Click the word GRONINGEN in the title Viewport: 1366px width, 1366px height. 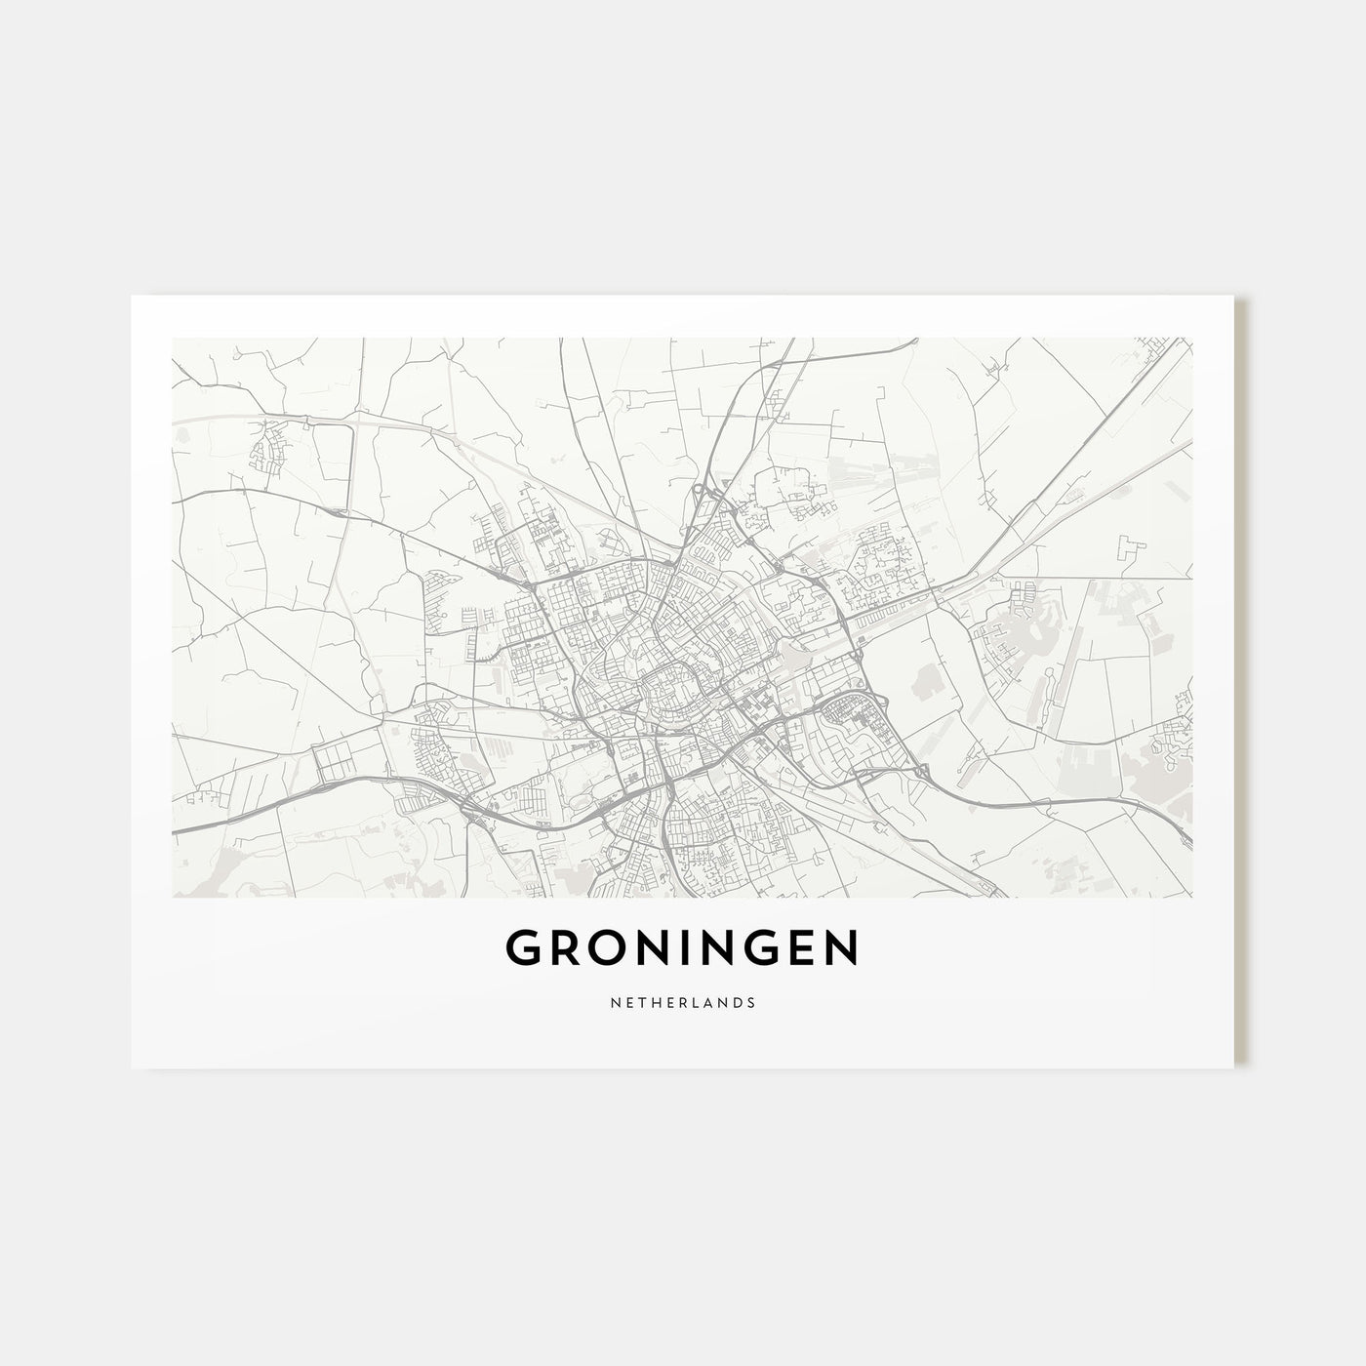tap(682, 947)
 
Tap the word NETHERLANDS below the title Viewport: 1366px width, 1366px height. tap(682, 1001)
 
